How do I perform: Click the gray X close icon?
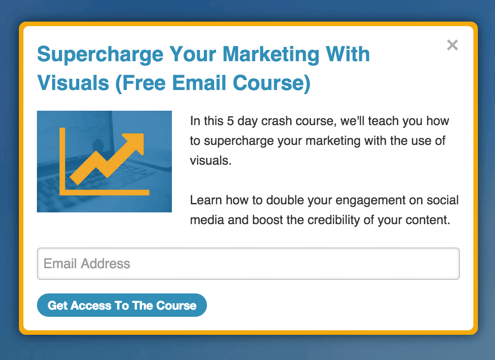point(452,45)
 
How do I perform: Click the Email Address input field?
point(248,264)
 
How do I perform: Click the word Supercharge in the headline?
point(100,54)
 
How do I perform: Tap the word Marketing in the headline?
point(271,54)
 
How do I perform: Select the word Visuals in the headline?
point(73,83)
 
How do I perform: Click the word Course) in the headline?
point(272,83)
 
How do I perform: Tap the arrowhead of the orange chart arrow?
point(135,143)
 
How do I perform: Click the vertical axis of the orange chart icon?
point(62,161)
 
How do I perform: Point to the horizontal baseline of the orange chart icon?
point(104,192)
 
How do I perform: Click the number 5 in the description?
point(230,121)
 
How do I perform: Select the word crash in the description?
point(277,121)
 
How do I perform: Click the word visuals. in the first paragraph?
point(211,160)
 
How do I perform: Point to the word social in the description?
point(443,200)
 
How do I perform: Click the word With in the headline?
point(347,54)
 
